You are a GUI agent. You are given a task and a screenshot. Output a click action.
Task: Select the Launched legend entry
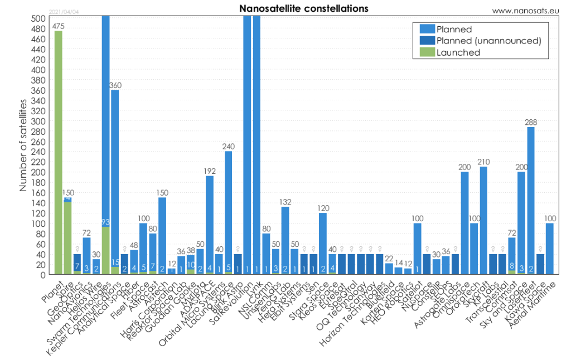coord(458,52)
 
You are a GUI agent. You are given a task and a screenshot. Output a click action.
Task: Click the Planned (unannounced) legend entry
coord(489,41)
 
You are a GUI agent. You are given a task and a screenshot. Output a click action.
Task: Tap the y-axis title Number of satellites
coord(23,146)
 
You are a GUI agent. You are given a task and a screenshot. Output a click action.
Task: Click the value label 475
coord(59,26)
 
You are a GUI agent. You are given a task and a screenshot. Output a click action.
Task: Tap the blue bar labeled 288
coord(531,201)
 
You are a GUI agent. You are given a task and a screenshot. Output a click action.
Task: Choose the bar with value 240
coord(228,212)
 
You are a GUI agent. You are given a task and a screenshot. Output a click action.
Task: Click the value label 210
coord(483,162)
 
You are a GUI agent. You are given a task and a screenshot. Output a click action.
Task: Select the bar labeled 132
coord(285,240)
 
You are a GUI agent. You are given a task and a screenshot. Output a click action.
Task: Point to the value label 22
coord(389,259)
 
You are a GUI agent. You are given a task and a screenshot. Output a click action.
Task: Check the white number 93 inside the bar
coord(105,223)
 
